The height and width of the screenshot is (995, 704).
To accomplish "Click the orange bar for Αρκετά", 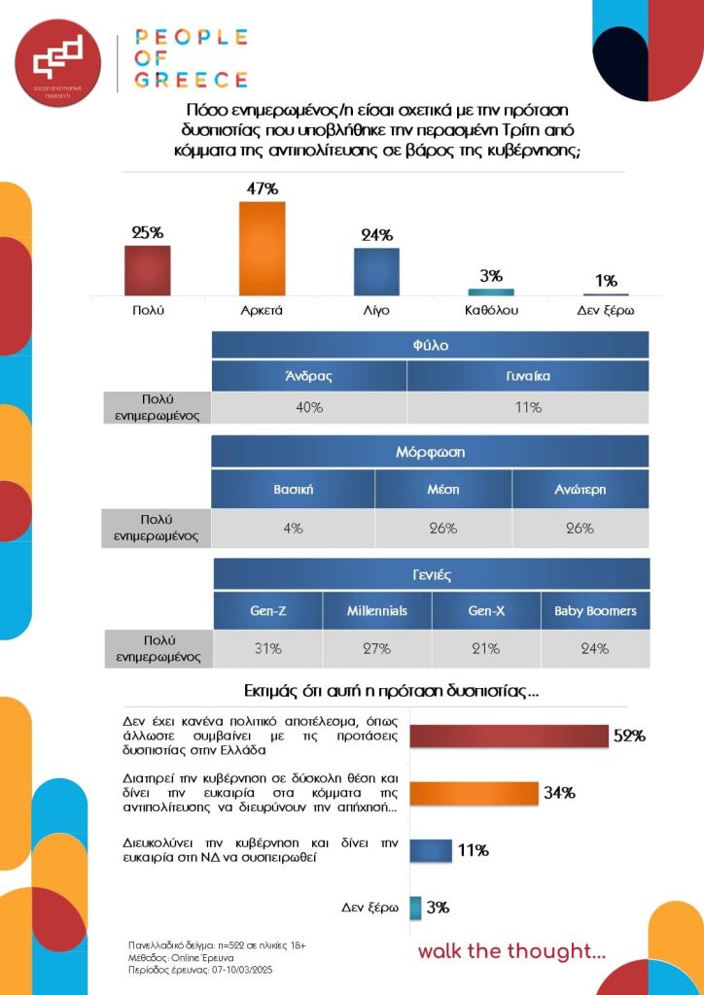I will [262, 248].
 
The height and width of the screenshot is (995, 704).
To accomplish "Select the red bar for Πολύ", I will [147, 270].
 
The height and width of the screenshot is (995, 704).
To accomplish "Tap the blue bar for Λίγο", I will [376, 271].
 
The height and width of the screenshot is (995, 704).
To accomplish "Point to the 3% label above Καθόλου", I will [491, 276].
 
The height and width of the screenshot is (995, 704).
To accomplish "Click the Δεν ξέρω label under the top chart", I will [605, 310].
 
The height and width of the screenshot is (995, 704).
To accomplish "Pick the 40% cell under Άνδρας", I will [309, 407].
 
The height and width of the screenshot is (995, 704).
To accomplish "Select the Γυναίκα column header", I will [528, 376].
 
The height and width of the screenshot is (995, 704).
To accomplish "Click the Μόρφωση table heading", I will [430, 452].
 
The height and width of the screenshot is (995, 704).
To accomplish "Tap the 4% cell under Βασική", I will [293, 528].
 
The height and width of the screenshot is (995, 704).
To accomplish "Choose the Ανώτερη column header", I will [580, 489].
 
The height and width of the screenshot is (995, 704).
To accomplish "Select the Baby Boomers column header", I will [595, 611].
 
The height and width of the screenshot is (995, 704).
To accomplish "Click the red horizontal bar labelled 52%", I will [509, 737].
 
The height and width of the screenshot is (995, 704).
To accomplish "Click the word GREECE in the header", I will [192, 80].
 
